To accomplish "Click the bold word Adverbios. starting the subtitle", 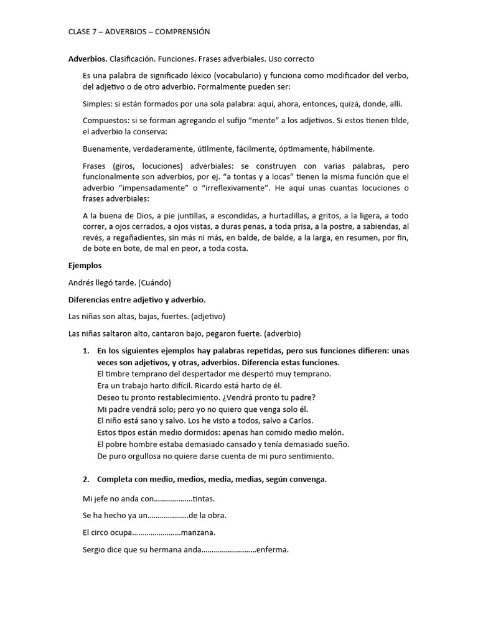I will tap(87, 59).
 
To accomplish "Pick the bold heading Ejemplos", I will tap(85, 266).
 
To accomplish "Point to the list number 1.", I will tap(85, 351).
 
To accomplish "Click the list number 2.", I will tap(85, 479).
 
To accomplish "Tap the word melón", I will tap(330, 432).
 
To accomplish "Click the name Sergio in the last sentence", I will tap(95, 550).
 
